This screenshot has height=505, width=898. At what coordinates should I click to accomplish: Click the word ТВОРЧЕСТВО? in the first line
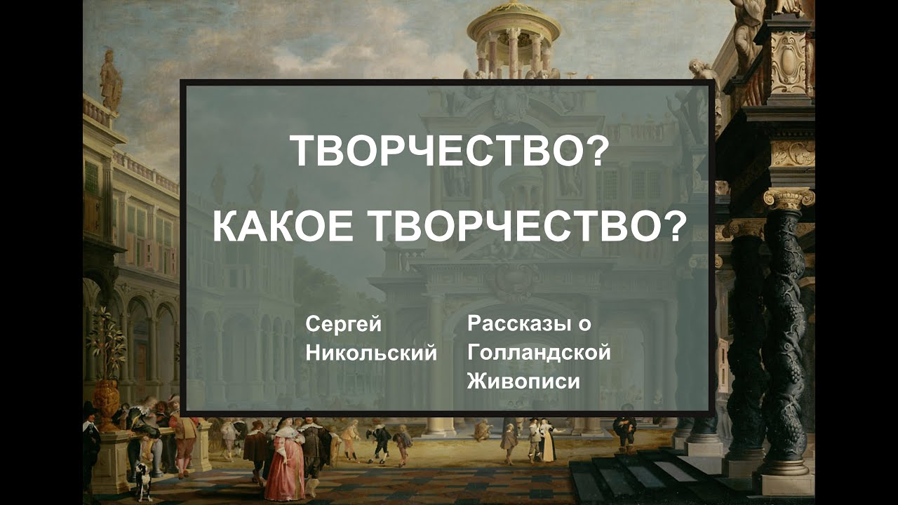tap(447, 151)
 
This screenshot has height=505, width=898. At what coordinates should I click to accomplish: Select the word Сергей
tap(343, 325)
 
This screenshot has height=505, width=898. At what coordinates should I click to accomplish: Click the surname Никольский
tap(371, 353)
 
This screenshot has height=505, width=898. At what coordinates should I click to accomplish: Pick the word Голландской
tap(539, 353)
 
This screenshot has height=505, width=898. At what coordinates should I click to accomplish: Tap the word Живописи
tap(523, 382)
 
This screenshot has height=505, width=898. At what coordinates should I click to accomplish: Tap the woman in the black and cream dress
tap(547, 439)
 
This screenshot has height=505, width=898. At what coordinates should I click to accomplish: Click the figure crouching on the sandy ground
tap(482, 429)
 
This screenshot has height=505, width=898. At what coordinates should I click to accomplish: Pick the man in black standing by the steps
tap(624, 429)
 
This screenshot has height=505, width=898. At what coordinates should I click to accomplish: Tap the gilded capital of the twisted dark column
tap(788, 198)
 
